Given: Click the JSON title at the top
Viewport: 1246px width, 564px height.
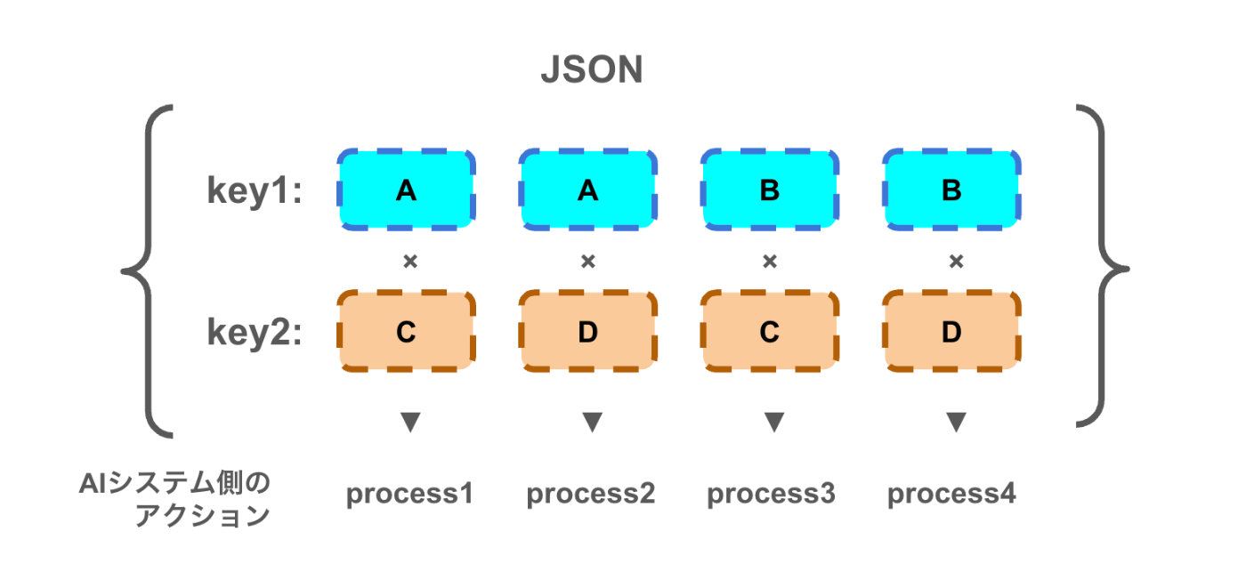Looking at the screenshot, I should coord(592,71).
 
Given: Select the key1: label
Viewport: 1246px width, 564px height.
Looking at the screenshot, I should coord(255,191).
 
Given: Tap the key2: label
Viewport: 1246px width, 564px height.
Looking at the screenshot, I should coord(255,333).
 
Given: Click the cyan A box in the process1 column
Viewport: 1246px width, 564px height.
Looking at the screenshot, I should coord(406,189).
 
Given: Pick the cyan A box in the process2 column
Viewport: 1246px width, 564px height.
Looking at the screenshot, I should coord(587,189).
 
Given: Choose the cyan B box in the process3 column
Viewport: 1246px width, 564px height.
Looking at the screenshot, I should coord(770,189).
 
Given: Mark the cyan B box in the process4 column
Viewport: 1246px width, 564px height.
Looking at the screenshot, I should coord(951,189).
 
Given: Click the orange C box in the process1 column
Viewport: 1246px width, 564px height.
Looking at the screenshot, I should coord(406,332).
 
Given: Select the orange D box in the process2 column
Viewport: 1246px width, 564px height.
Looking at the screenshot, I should coord(587,332).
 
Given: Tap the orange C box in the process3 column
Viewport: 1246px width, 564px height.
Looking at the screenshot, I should coord(770,332).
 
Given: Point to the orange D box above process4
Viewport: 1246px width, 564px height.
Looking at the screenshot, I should coord(951,332).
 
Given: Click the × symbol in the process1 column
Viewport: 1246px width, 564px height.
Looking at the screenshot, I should coord(409,262).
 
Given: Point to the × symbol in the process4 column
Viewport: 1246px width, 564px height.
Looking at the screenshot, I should coord(956,262).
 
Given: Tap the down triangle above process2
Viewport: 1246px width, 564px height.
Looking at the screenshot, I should coord(592,422).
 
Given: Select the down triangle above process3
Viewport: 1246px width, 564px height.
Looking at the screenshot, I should coord(773,422).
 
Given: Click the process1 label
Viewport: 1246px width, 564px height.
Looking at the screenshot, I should coord(409,494).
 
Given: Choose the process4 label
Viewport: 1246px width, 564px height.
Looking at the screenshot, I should coord(951,494).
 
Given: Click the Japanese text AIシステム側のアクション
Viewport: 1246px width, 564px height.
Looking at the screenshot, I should coord(178,499).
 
